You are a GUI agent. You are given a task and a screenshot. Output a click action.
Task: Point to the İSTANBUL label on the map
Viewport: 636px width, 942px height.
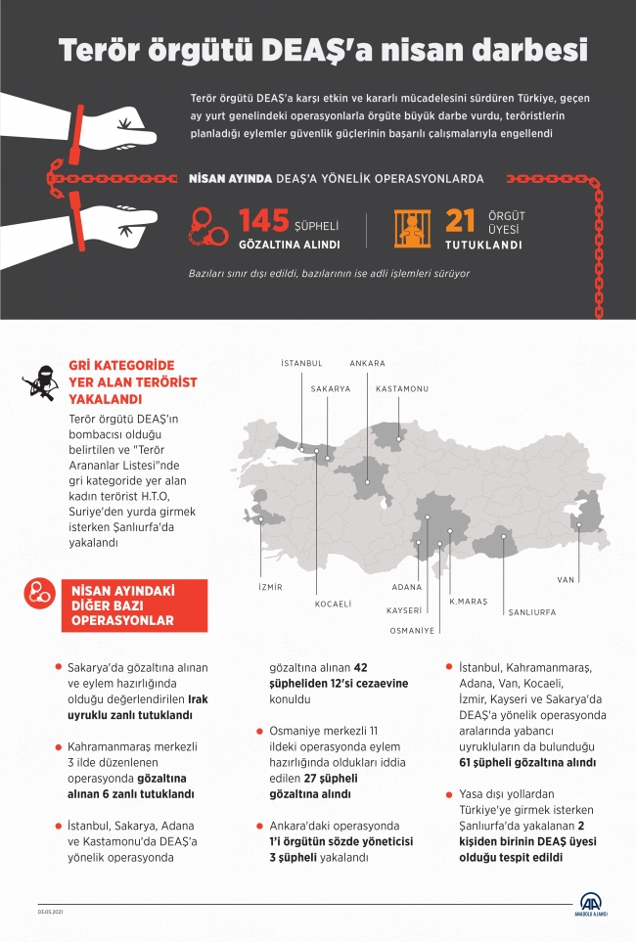pyautogui.click(x=301, y=363)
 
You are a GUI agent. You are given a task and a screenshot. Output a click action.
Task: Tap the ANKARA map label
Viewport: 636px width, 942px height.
pyautogui.click(x=367, y=363)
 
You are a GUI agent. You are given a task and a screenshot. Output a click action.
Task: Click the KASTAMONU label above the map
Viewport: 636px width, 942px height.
pyautogui.click(x=402, y=389)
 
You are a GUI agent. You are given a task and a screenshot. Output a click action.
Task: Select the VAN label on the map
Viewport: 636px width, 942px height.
pyautogui.click(x=566, y=579)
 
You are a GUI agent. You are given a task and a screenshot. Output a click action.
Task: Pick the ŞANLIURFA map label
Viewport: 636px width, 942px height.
pyautogui.click(x=531, y=611)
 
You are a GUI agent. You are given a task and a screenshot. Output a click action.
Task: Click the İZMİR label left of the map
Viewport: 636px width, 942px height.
pyautogui.click(x=269, y=587)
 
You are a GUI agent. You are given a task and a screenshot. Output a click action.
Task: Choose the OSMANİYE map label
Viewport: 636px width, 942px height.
pyautogui.click(x=411, y=631)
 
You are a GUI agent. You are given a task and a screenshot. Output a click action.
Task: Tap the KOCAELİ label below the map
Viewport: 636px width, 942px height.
pyautogui.click(x=333, y=605)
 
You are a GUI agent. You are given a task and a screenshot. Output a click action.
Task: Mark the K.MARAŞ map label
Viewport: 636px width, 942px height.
pyautogui.click(x=468, y=600)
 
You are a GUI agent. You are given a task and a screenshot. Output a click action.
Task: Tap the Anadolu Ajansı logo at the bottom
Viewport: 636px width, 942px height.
pyautogui.click(x=590, y=905)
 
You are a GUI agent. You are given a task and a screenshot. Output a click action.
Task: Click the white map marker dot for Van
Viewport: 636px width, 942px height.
pyautogui.click(x=579, y=525)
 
